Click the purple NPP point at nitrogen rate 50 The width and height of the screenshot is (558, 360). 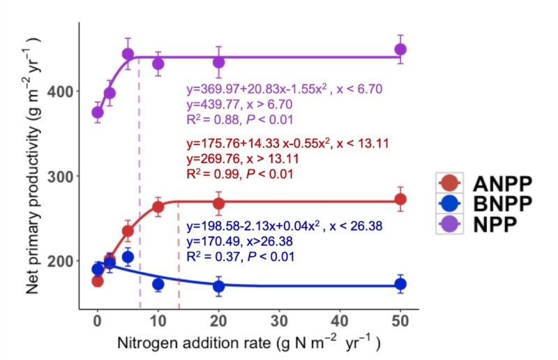coord(400,50)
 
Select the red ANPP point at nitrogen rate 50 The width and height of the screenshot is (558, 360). coord(400,200)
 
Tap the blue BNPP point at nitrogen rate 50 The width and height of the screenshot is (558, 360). coord(400,284)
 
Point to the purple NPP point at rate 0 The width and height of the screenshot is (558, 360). coord(98,112)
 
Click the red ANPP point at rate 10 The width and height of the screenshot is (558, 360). coord(158,207)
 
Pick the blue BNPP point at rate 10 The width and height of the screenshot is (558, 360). coord(158,284)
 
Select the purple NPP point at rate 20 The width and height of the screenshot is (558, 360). coord(219,62)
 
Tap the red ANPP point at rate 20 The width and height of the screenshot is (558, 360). coord(219,204)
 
